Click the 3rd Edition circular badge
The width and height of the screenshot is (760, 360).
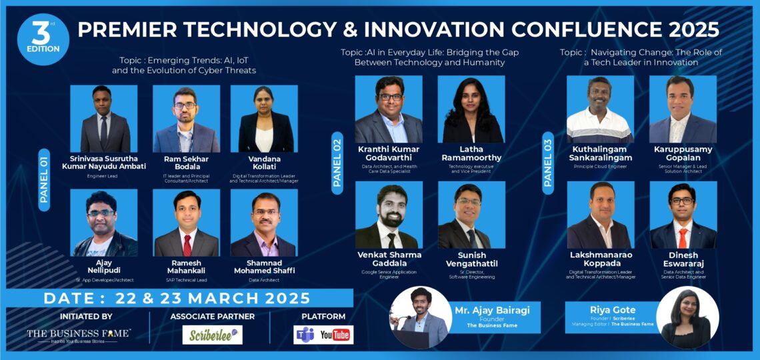point(43,39)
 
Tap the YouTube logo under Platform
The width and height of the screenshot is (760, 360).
point(336,335)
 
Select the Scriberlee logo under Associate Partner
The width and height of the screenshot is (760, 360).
point(212,335)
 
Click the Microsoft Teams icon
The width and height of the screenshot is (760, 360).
point(305,335)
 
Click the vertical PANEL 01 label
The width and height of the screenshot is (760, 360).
point(44,179)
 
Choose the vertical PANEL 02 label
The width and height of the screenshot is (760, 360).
point(337,163)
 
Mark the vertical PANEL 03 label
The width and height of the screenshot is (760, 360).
point(548,163)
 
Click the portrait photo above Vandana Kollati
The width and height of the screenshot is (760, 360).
point(264,119)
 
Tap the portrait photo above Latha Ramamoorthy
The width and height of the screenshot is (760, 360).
point(471,109)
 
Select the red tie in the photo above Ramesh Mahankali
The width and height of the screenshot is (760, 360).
point(187,244)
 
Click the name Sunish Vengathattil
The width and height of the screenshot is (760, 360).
point(471,259)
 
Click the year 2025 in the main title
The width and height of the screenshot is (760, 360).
point(688,29)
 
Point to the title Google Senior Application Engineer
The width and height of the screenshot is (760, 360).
point(388,273)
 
